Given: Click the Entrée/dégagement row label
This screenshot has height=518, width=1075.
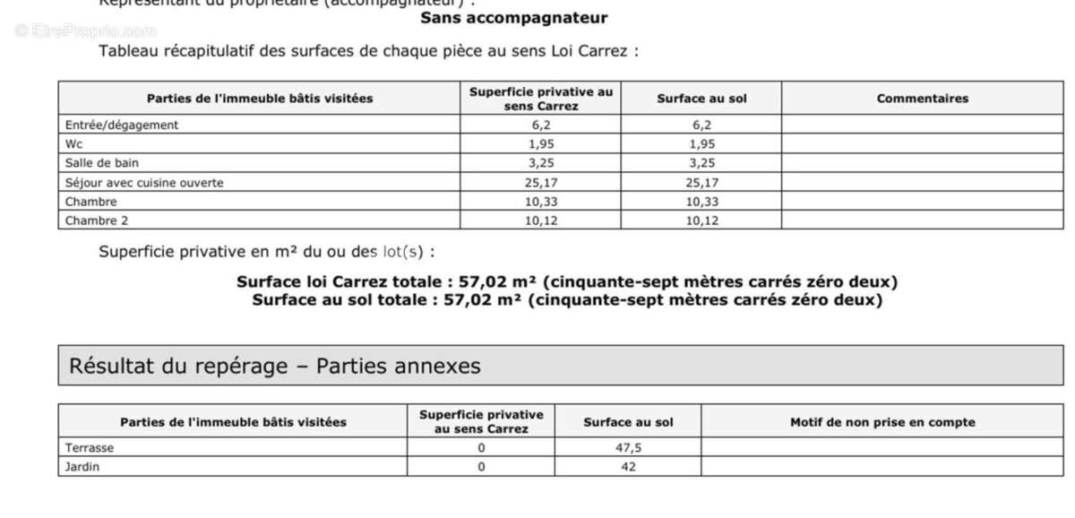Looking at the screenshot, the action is click(x=122, y=125).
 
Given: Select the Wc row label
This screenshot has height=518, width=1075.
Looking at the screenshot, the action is click(x=74, y=144).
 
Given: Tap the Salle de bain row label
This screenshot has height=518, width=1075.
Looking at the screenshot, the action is click(x=102, y=163).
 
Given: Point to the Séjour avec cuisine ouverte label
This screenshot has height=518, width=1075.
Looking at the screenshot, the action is click(x=144, y=183).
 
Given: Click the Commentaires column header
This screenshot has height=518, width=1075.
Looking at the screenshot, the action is click(x=922, y=99).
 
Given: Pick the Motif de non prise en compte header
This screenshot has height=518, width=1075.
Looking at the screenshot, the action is click(x=882, y=422).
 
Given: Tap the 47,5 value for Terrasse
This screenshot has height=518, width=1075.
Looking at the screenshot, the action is click(x=628, y=448).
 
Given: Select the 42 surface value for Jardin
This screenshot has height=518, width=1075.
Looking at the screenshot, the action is click(x=628, y=467).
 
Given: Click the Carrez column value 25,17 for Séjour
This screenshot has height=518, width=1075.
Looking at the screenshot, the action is click(x=540, y=183).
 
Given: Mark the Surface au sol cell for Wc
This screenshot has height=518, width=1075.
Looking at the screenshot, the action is click(x=701, y=144).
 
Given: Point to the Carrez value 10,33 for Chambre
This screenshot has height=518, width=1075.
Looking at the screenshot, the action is click(x=540, y=202).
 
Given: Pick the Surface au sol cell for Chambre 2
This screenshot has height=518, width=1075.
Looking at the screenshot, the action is click(x=701, y=220).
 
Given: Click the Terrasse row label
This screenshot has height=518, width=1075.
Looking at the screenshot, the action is click(x=90, y=448).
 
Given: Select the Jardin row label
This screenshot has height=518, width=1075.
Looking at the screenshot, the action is click(x=82, y=467).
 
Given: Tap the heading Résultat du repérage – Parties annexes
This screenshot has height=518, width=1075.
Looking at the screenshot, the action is click(x=275, y=366).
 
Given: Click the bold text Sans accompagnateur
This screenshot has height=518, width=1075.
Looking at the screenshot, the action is click(x=513, y=18).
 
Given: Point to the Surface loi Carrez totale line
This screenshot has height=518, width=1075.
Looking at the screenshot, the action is click(x=567, y=282).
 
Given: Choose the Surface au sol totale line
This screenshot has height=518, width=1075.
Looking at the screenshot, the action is click(x=567, y=300).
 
